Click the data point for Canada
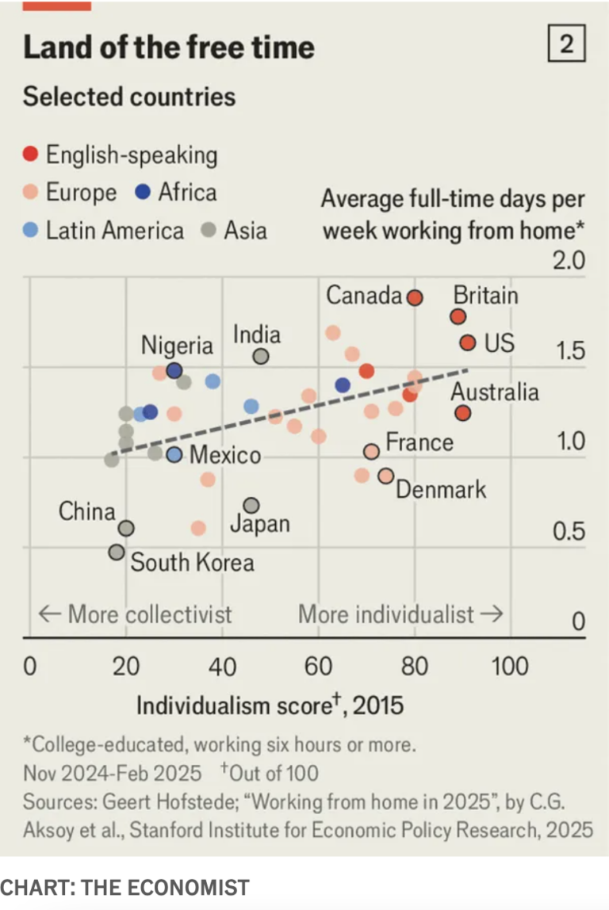tap(415, 298)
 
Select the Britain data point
tap(458, 316)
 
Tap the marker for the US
tap(468, 342)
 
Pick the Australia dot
tap(463, 413)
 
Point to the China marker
tap(126, 528)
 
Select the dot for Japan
tap(251, 505)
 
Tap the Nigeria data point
tap(174, 370)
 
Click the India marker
tap(261, 357)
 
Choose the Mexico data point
tap(174, 455)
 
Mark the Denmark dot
tap(386, 476)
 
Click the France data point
tap(371, 451)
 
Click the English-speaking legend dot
tap(30, 155)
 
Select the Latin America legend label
tap(114, 231)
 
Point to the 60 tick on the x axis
tap(318, 666)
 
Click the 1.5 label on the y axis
tap(568, 350)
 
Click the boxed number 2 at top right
tap(566, 44)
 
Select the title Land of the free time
tap(169, 47)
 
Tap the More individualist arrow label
tap(400, 614)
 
